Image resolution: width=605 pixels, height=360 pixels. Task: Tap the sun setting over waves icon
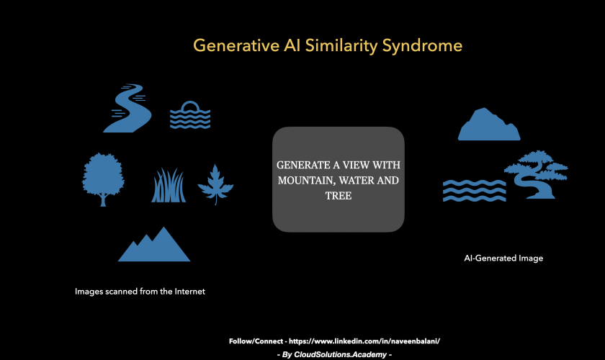point(190,115)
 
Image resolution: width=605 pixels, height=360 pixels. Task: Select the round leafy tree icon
point(103,179)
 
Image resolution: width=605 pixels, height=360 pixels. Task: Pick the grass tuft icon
point(169,185)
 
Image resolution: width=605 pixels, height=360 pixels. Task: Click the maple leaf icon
point(215,184)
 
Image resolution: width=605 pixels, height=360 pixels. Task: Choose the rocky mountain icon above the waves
point(489,125)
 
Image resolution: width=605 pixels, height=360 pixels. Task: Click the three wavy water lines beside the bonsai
point(474,191)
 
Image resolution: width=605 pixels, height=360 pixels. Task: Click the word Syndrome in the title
point(422,46)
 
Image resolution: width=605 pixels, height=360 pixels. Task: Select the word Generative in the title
point(236,45)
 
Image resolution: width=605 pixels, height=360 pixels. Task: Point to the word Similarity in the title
point(341,46)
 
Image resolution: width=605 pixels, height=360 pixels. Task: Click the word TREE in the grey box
point(339,196)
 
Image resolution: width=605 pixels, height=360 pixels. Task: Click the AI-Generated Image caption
point(503,258)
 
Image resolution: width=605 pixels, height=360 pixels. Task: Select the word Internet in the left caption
point(190,292)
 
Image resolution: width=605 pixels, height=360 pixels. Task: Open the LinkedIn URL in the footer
point(364,341)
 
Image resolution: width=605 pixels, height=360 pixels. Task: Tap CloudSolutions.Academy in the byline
point(340,354)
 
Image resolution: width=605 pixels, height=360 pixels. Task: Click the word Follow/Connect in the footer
point(256,341)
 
